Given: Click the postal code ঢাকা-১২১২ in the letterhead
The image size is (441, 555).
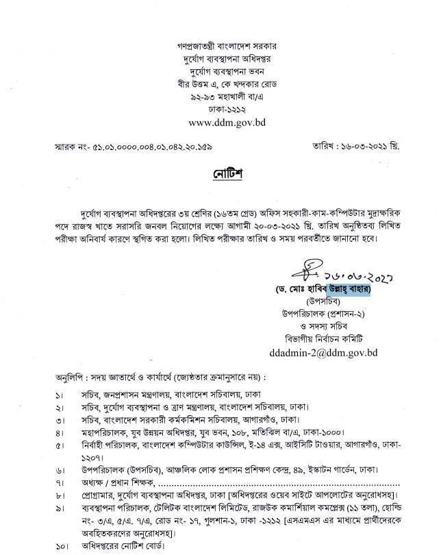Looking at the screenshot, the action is click(x=220, y=110).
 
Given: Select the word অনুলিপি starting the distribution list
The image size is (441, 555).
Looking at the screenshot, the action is click(x=71, y=377).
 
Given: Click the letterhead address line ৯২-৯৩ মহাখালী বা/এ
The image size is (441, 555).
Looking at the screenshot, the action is click(x=220, y=97).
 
